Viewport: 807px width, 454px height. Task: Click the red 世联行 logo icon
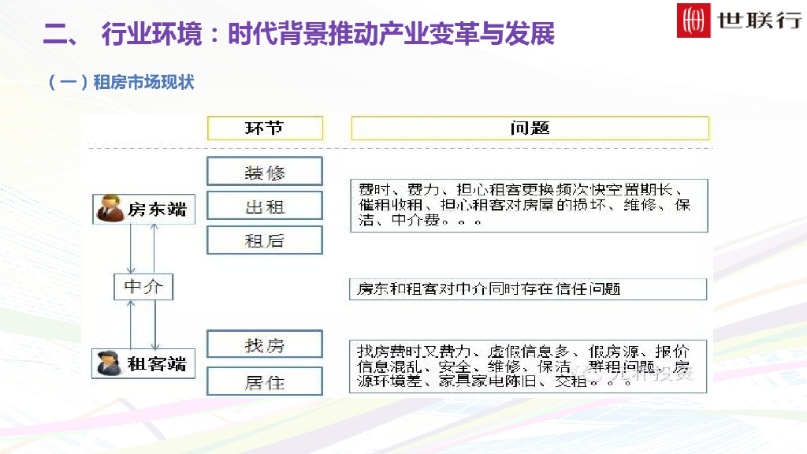pyautogui.click(x=694, y=21)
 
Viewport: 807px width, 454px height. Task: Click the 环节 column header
pyautogui.click(x=265, y=128)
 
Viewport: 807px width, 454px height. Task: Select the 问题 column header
pyautogui.click(x=530, y=128)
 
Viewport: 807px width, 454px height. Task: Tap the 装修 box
pyautogui.click(x=265, y=172)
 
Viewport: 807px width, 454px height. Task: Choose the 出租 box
pyautogui.click(x=265, y=206)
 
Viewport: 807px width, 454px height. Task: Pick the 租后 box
pyautogui.click(x=265, y=240)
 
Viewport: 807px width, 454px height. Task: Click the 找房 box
pyautogui.click(x=265, y=344)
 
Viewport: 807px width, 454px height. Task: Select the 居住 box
pyautogui.click(x=265, y=381)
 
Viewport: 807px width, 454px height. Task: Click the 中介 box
pyautogui.click(x=143, y=287)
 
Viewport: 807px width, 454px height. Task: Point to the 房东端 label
pyautogui.click(x=157, y=210)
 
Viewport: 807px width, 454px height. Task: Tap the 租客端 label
pyautogui.click(x=157, y=363)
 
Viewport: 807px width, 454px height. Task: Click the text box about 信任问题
pyautogui.click(x=528, y=289)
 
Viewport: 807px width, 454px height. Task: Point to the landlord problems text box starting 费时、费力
pyautogui.click(x=528, y=205)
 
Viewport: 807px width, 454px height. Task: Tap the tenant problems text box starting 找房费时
pyautogui.click(x=528, y=367)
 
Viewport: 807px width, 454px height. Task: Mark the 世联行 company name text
pyautogui.click(x=760, y=20)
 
